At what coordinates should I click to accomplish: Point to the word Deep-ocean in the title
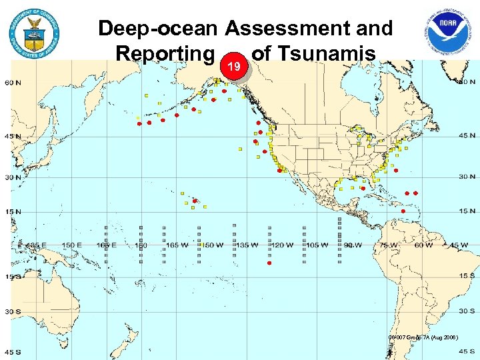tap(159, 29)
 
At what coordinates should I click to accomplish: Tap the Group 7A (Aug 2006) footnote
tap(423, 338)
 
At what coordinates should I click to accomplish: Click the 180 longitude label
tap(140, 245)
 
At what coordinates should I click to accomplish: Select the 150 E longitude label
tap(71, 245)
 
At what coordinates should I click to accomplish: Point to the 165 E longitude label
tap(106, 245)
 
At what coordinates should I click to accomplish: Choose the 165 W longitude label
tap(177, 245)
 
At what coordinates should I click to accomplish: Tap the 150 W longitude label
tap(213, 245)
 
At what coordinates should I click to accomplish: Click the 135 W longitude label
tap(248, 245)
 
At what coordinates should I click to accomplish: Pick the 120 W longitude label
tap(283, 245)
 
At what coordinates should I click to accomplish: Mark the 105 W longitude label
tap(317, 245)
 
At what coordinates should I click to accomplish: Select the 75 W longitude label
tap(389, 245)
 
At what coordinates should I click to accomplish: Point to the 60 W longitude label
tap(423, 245)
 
